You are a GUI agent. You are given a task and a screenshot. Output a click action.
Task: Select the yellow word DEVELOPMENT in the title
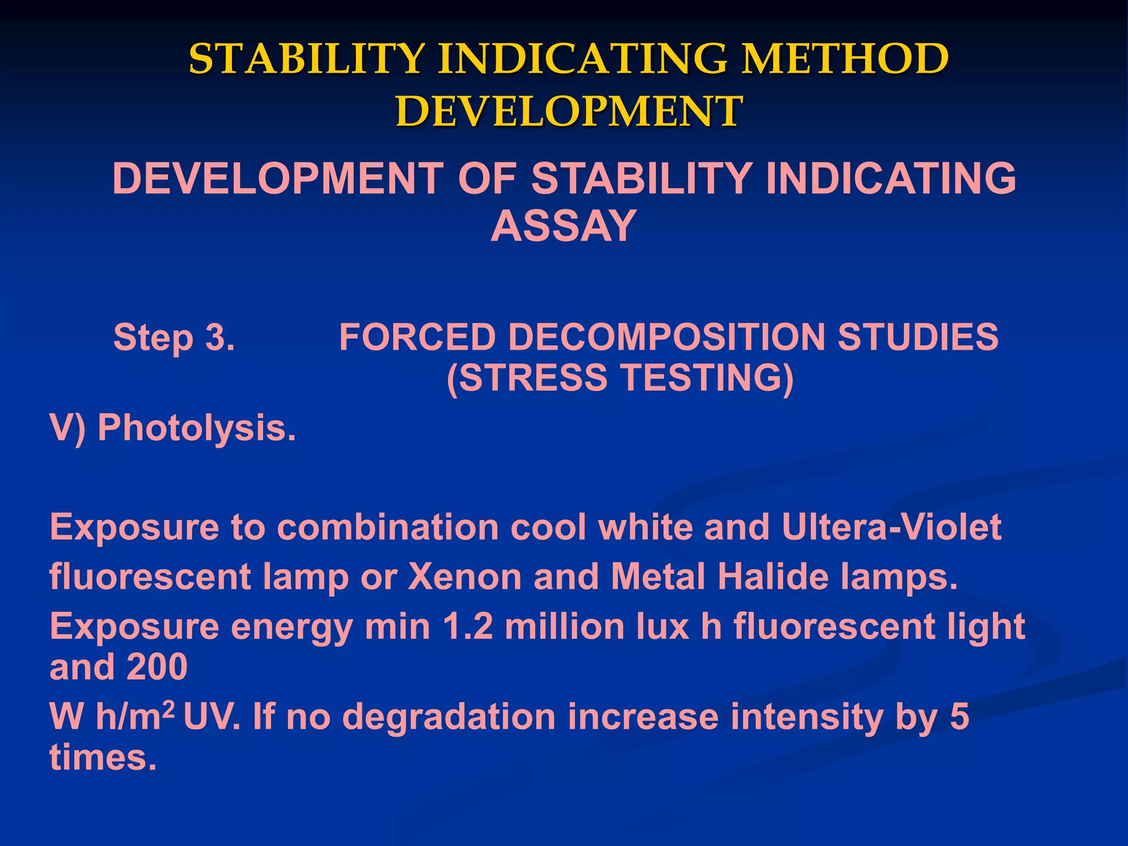coord(568,111)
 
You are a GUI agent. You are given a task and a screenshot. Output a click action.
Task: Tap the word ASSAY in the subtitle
coord(563,226)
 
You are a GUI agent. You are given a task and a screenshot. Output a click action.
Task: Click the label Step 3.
coord(174,337)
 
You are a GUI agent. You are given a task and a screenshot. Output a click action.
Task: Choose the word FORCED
coord(417,337)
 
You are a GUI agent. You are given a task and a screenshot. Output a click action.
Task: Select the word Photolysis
coord(197,427)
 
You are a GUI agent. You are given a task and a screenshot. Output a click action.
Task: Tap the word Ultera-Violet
coord(891,527)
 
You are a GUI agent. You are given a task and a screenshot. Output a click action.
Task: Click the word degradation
coord(449,717)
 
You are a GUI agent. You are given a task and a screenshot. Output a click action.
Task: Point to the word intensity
coord(807,717)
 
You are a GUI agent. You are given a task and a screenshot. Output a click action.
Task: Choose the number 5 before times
coord(959,717)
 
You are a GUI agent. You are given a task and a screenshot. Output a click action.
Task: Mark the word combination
coord(388,527)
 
